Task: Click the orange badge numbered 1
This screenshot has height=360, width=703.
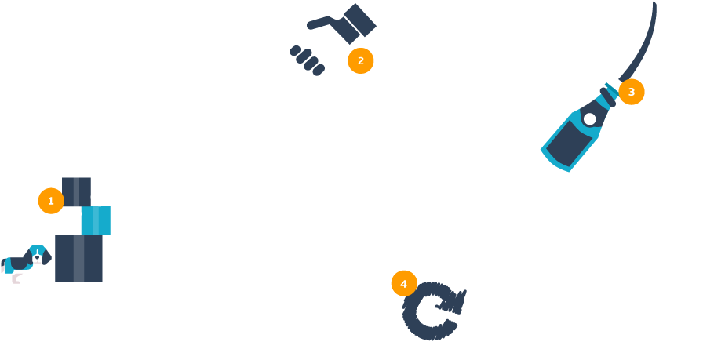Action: [x=50, y=201]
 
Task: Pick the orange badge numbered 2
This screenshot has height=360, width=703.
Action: [x=361, y=60]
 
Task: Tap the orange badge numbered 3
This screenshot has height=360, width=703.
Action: [x=632, y=91]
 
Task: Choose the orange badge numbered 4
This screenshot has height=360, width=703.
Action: [x=403, y=283]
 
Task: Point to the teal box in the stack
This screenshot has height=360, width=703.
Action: [x=96, y=220]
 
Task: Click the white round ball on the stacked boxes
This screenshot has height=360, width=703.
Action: [x=100, y=197]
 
